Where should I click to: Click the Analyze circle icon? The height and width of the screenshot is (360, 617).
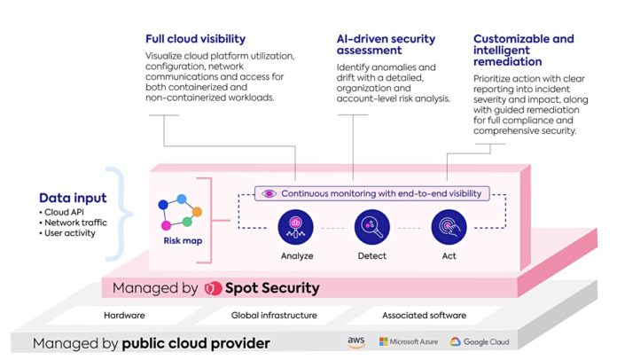295,227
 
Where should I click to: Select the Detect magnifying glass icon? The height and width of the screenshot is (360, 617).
371,227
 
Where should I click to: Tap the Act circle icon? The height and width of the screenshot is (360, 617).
449,227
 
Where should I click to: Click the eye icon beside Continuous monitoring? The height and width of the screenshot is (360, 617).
269,193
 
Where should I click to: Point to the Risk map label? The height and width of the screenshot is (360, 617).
183,241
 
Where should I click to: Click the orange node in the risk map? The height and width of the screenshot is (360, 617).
197,212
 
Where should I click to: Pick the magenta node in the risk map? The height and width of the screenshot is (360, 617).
166,225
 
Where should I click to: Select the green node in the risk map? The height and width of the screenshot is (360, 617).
187,222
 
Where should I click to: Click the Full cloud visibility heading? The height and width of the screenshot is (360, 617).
196,39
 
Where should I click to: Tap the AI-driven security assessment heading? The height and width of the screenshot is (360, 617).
386,44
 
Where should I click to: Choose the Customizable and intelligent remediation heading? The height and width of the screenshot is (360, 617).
523,50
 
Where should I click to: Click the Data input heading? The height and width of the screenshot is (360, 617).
73,198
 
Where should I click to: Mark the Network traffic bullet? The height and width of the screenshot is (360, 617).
74,223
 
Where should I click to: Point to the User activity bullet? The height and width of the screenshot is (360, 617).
67,233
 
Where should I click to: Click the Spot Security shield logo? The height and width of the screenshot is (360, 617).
214,288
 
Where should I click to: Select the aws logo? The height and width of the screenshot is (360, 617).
356,341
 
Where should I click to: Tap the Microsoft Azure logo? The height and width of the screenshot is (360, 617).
409,342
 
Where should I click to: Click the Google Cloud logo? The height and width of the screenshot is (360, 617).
480,342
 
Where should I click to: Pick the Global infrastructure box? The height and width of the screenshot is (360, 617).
274,316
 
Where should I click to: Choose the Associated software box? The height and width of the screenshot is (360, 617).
424,316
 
